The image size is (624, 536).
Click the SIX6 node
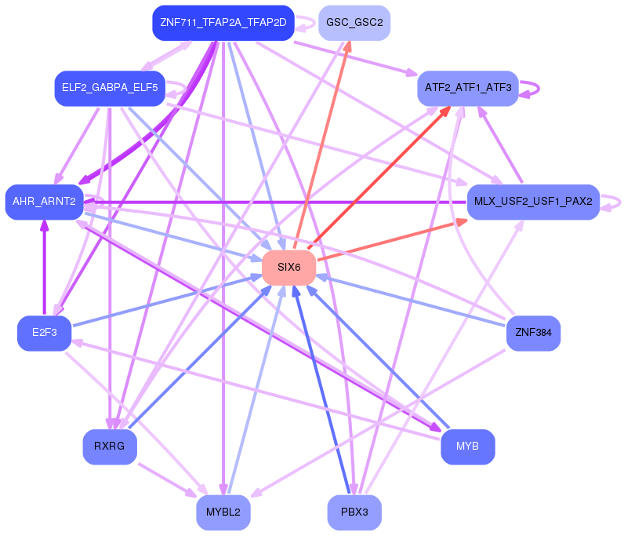pyautogui.click(x=288, y=268)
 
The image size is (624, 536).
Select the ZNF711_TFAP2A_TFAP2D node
pyautogui.click(x=223, y=23)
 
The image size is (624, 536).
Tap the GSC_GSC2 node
pyautogui.click(x=354, y=23)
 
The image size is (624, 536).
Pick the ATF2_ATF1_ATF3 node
pyautogui.click(x=467, y=88)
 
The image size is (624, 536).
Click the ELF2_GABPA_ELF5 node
pyautogui.click(x=109, y=88)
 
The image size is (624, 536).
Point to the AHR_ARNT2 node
pyautogui.click(x=44, y=202)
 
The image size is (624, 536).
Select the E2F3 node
pyautogui.click(x=44, y=333)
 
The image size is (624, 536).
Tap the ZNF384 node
pyautogui.click(x=533, y=333)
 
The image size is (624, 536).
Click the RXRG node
pyautogui.click(x=109, y=447)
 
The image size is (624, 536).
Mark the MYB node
pyautogui.click(x=467, y=447)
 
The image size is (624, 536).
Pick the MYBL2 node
pyautogui.click(x=223, y=512)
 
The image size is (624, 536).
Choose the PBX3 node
pyautogui.click(x=354, y=512)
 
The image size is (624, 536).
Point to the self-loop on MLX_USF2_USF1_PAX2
pyautogui.click(x=616, y=202)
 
